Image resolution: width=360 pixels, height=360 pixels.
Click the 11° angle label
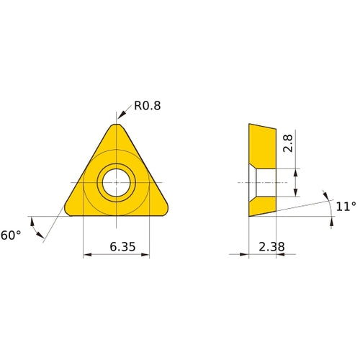(346, 206)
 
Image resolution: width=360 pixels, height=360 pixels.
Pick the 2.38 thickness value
(271, 246)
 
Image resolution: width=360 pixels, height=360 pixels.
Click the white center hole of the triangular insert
(116, 182)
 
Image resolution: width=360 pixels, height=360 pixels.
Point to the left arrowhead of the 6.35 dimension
(87, 254)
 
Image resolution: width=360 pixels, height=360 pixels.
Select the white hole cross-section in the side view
(265, 182)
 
